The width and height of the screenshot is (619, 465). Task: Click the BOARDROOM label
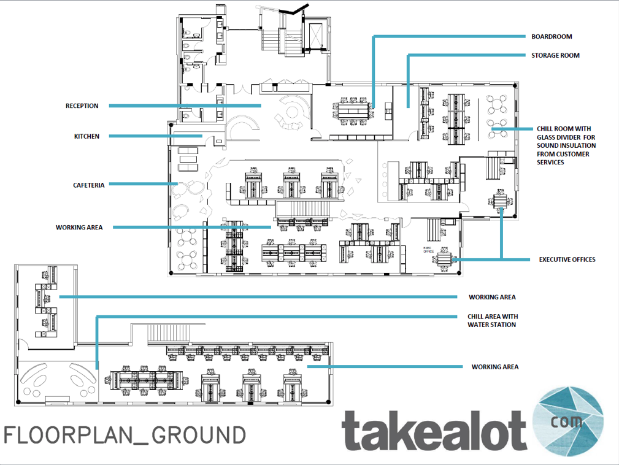(552, 37)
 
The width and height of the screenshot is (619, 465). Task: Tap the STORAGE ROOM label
(555, 56)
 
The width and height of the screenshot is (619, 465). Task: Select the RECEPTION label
(82, 106)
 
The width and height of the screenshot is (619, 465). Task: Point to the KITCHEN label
(87, 136)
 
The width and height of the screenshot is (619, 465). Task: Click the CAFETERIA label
(89, 185)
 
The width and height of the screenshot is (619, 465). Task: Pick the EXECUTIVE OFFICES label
(567, 259)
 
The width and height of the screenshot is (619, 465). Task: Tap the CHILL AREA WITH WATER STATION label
(493, 320)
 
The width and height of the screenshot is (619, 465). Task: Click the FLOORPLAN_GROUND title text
(125, 436)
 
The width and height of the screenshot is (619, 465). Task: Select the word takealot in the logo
(434, 430)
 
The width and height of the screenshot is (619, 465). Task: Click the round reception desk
(292, 112)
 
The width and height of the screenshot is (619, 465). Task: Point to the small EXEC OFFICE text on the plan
(429, 250)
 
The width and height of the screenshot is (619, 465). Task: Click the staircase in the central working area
(303, 209)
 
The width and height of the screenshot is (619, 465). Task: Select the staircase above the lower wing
(169, 334)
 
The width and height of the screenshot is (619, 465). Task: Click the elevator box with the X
(316, 36)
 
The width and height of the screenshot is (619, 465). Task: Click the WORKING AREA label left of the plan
(79, 228)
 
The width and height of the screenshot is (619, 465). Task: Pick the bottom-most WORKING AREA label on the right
(495, 367)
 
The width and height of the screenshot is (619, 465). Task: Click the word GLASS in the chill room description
(547, 137)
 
